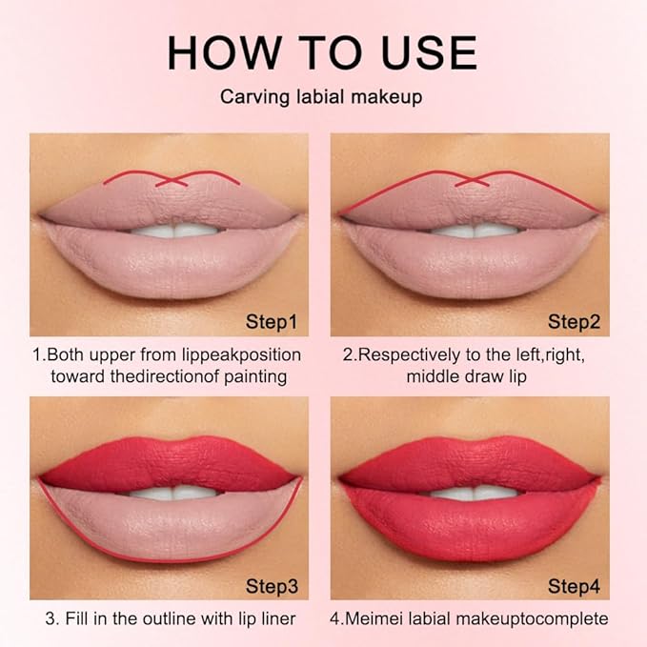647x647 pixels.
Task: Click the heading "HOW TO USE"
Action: click(x=323, y=52)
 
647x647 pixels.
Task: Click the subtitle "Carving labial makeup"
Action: click(x=323, y=96)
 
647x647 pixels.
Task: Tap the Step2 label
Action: click(x=574, y=320)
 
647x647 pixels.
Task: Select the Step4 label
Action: click(x=574, y=584)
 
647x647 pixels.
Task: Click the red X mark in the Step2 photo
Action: click(x=469, y=180)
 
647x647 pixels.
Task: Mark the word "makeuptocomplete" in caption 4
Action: click(x=536, y=618)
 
